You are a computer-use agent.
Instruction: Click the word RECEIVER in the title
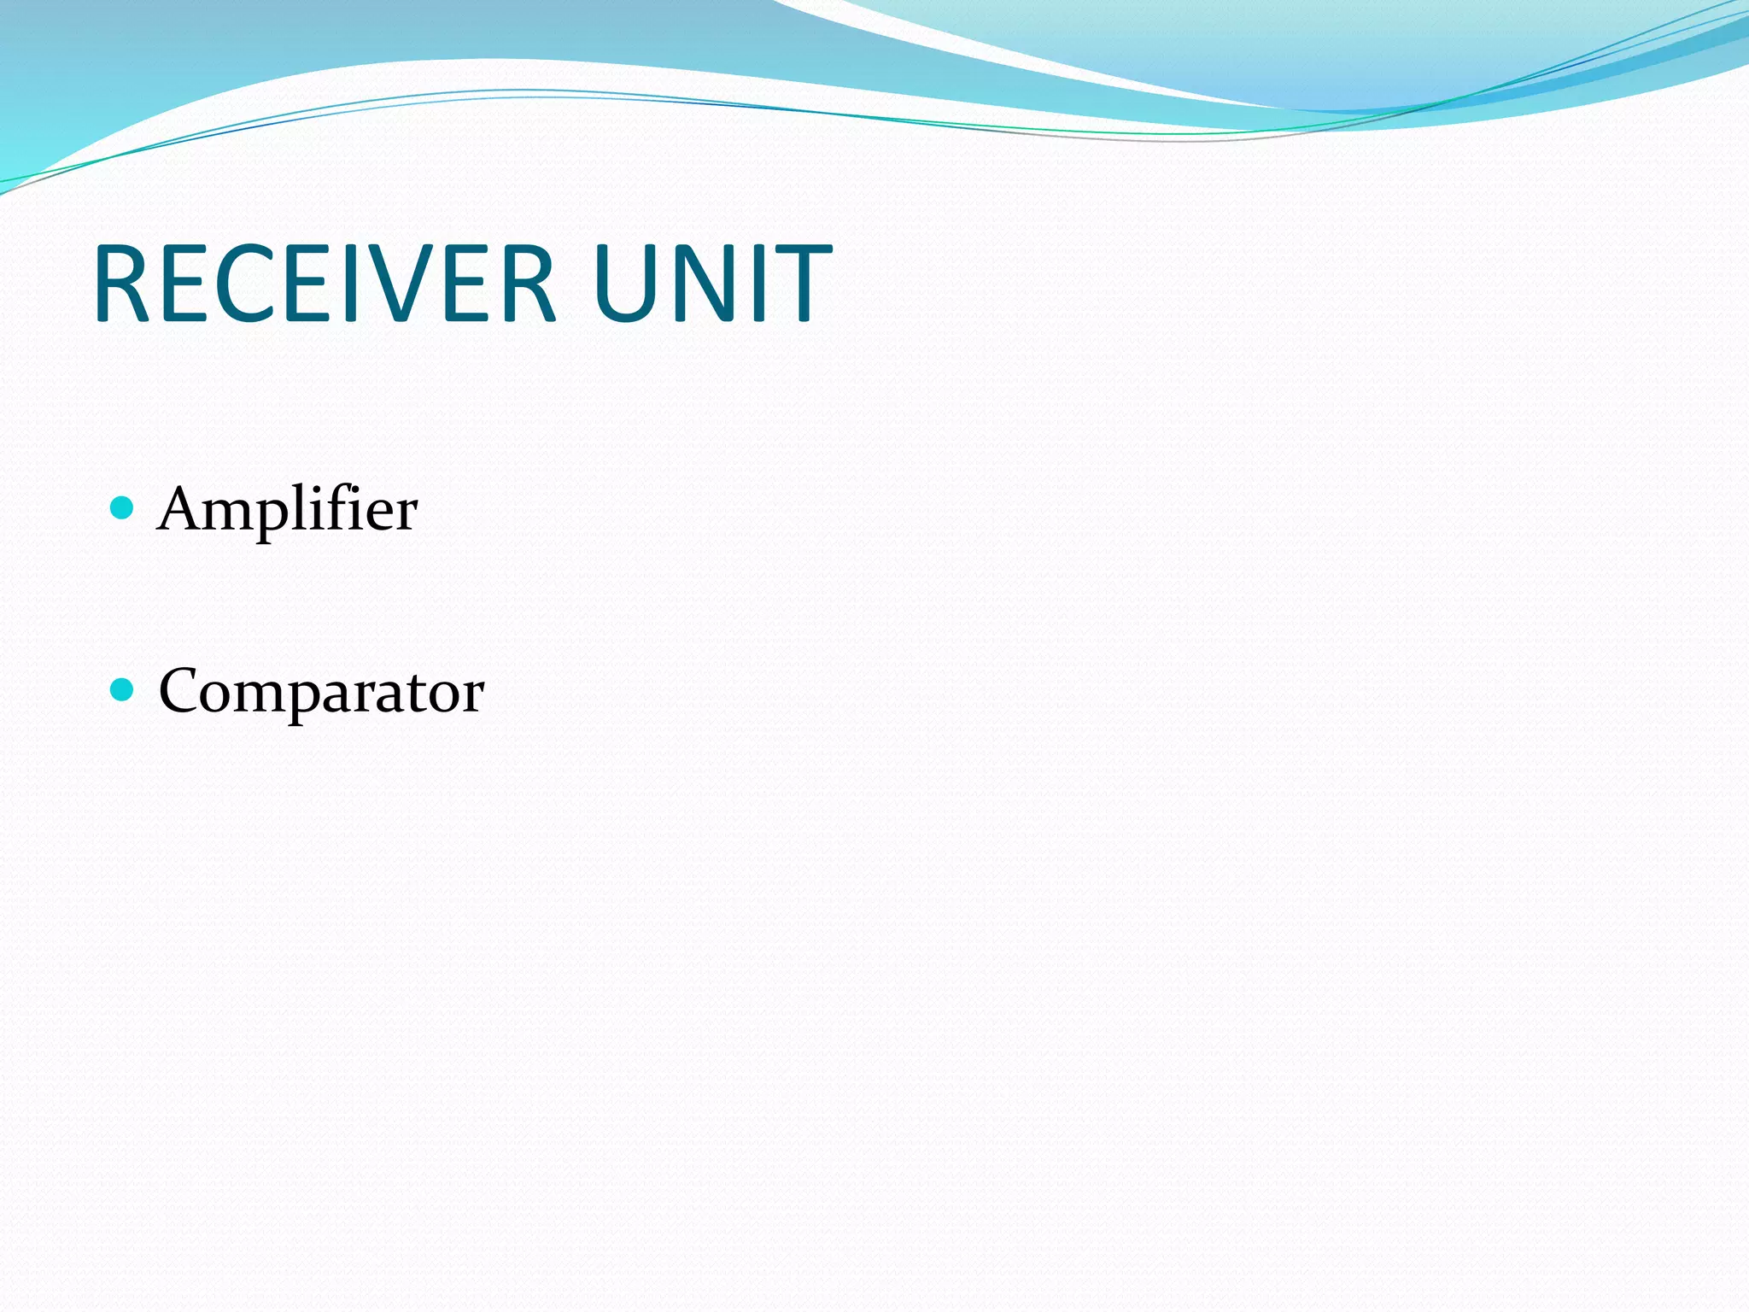pos(325,284)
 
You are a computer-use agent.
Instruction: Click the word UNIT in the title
pos(711,284)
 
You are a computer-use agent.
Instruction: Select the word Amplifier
pos(287,509)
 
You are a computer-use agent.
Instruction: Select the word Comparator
pos(321,692)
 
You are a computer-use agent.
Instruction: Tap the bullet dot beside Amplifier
pos(123,508)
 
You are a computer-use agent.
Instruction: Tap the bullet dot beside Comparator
pos(123,689)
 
